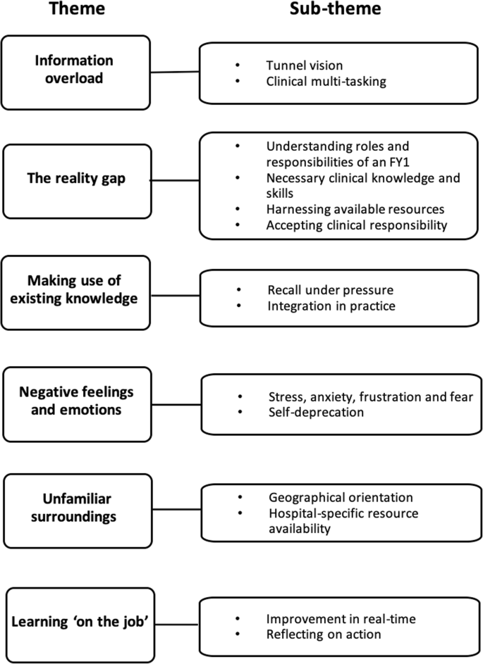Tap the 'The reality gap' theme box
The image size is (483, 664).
(77, 180)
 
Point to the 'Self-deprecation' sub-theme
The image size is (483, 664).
(315, 412)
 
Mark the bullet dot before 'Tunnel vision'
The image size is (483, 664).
(238, 65)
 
